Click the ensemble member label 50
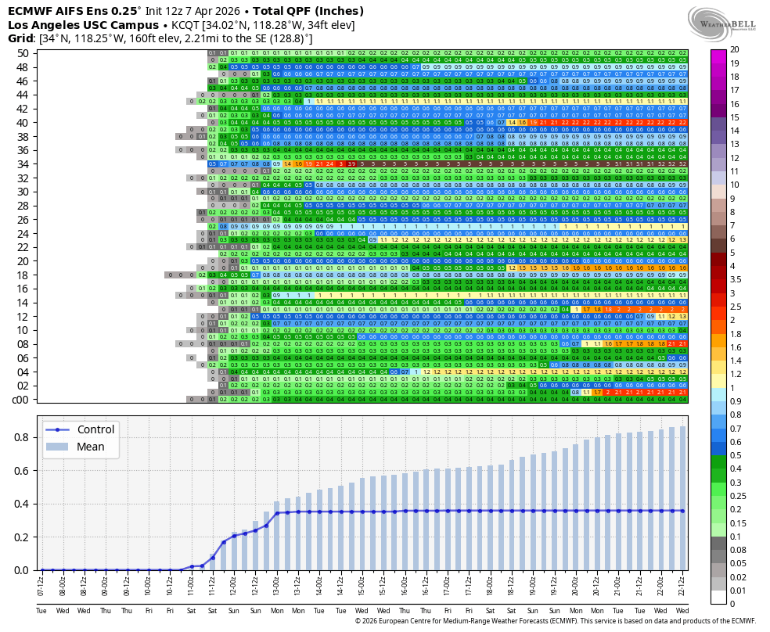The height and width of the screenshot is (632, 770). click(x=22, y=53)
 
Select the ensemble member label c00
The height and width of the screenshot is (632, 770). click(x=20, y=400)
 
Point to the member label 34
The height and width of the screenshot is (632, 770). click(x=22, y=163)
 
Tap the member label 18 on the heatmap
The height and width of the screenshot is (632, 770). click(x=22, y=275)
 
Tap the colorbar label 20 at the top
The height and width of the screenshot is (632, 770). click(x=735, y=50)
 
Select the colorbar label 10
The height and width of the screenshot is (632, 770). click(x=735, y=185)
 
